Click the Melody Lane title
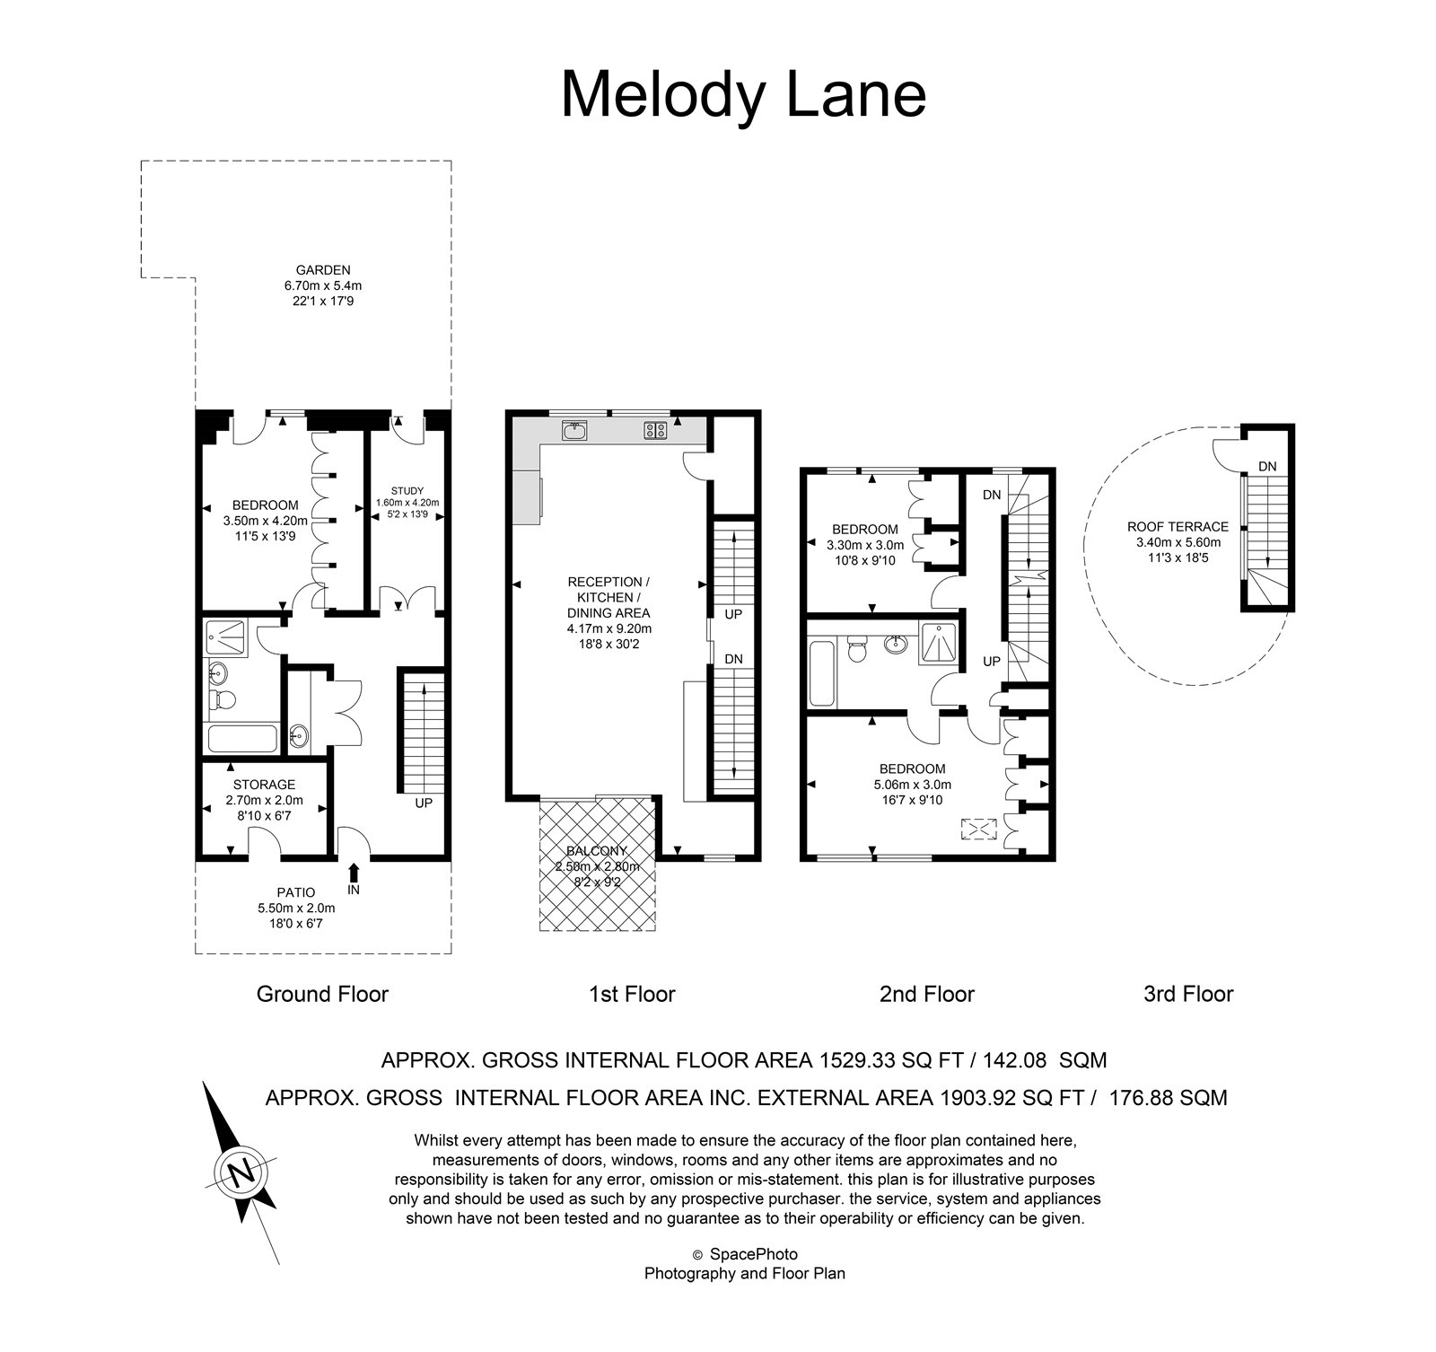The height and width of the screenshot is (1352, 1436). (743, 95)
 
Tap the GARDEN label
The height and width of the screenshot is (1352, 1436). (323, 269)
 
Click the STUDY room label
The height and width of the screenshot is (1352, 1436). (407, 490)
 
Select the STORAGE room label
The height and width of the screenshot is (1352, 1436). (264, 785)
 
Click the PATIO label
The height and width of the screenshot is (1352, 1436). (296, 892)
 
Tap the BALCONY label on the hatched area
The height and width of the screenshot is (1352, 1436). (597, 851)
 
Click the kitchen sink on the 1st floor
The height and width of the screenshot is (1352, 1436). (574, 431)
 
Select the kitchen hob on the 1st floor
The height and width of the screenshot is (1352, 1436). (654, 431)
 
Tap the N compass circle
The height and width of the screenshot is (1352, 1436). (241, 1172)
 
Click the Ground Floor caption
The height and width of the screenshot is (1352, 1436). (322, 994)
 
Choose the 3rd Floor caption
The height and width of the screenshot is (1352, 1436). (1188, 994)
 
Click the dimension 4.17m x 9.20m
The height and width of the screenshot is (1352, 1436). (609, 628)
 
